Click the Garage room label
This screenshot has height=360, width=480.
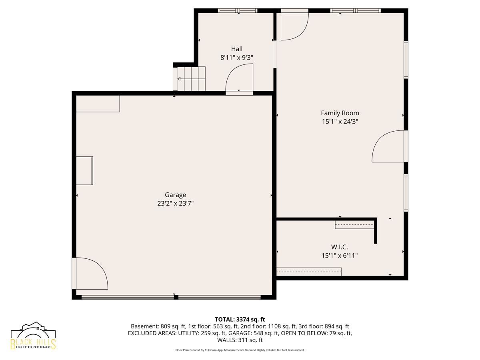[175, 195]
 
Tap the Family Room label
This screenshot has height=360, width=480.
[340, 113]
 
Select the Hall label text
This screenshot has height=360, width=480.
[237, 49]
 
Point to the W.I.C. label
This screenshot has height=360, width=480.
[339, 247]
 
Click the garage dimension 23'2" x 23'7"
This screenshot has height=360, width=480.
[175, 204]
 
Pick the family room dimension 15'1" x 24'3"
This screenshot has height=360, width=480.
[340, 122]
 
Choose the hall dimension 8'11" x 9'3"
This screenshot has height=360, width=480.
[237, 58]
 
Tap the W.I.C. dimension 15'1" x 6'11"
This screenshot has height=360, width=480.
[339, 256]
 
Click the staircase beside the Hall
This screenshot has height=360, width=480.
[191, 79]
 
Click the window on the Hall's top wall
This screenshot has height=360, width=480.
[238, 10]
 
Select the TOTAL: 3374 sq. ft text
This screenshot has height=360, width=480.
[240, 320]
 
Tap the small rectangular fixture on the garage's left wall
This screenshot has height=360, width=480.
[84, 171]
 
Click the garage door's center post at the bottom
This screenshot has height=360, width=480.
[176, 297]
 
